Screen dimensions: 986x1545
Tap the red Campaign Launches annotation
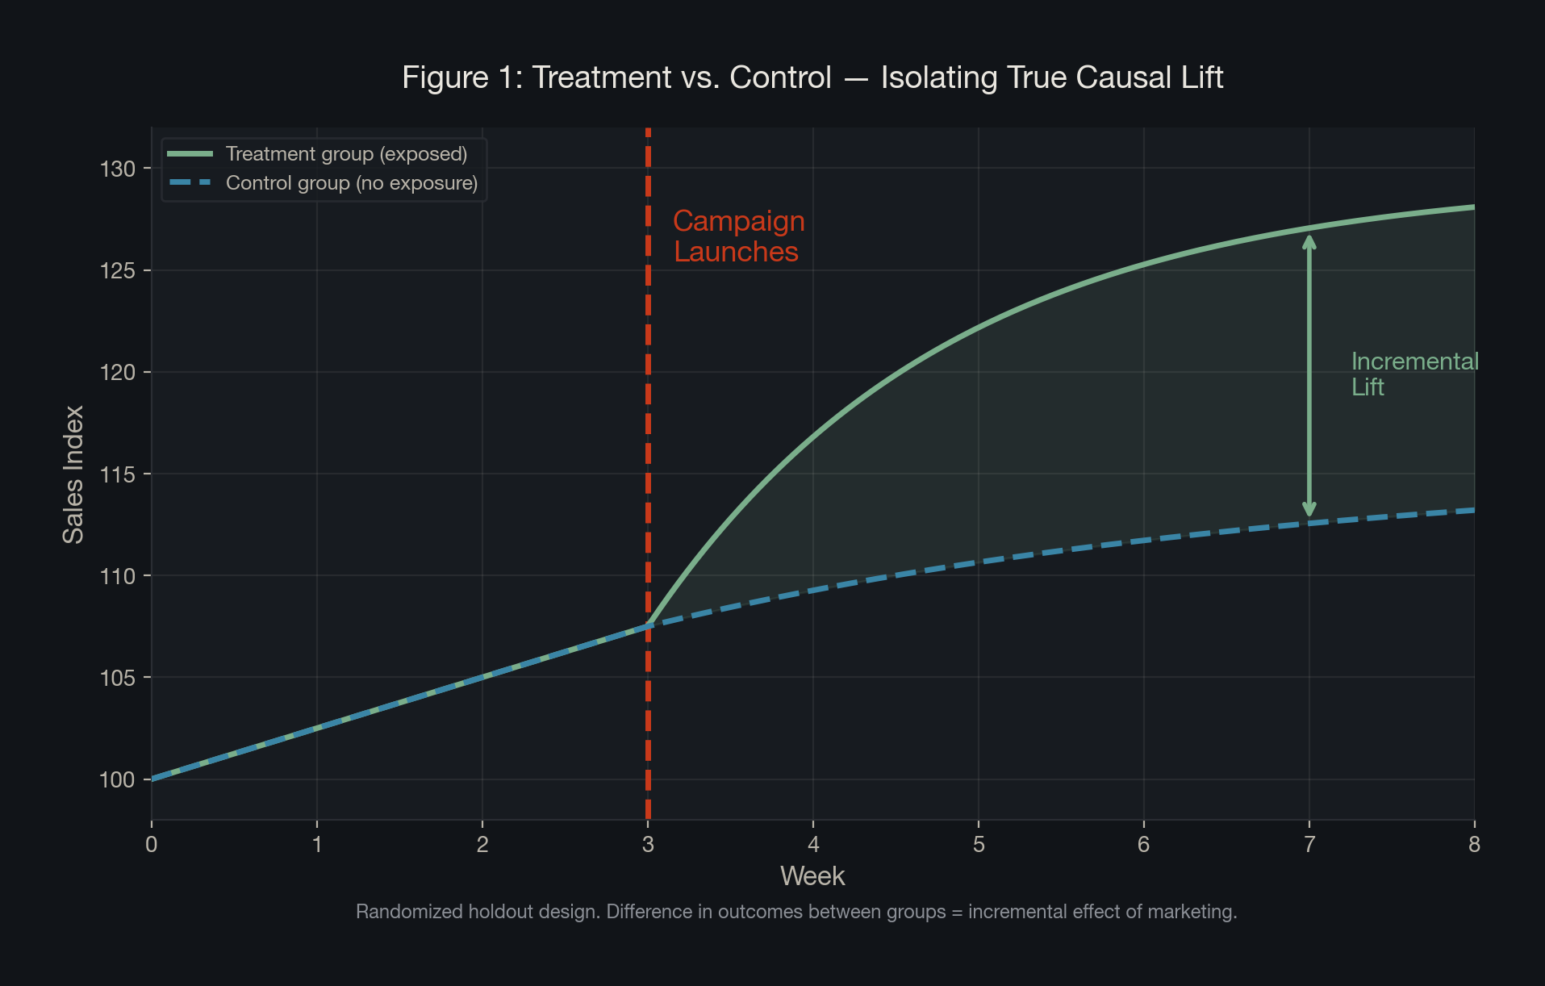click(737, 236)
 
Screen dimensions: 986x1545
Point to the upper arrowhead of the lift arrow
click(1309, 240)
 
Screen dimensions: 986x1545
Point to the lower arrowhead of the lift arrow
click(1309, 510)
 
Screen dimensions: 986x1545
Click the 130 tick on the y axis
click(117, 169)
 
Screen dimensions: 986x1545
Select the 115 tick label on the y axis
click(117, 474)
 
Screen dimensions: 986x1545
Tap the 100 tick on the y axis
click(117, 779)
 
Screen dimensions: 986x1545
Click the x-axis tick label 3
click(648, 845)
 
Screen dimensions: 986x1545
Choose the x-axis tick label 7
click(1309, 845)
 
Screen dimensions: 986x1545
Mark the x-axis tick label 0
click(152, 845)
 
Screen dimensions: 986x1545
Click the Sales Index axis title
click(73, 474)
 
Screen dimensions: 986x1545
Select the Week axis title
click(812, 876)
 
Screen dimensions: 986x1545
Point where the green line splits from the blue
click(649, 625)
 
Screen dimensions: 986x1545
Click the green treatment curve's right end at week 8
click(1472, 207)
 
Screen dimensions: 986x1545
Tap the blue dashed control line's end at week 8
click(1472, 510)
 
